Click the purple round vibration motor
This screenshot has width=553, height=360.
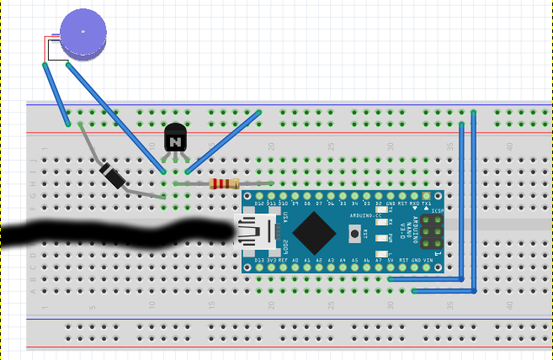pyautogui.click(x=83, y=33)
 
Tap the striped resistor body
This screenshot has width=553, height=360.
pyautogui.click(x=224, y=183)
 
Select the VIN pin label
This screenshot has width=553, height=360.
pyautogui.click(x=428, y=261)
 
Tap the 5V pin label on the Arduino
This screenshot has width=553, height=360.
pyautogui.click(x=391, y=261)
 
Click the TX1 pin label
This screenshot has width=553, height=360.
pyautogui.click(x=427, y=204)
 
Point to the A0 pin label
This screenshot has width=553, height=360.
pyautogui.click(x=295, y=261)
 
